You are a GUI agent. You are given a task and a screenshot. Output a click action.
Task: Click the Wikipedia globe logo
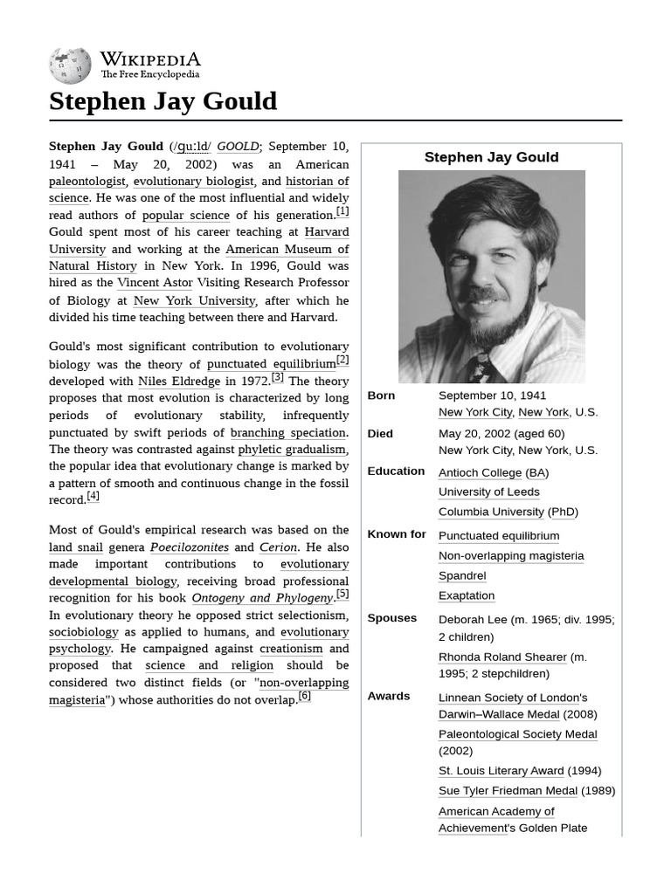(x=70, y=65)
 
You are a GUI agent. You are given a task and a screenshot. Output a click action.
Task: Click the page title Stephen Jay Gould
(x=163, y=101)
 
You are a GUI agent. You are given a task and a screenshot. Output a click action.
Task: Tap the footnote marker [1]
(x=342, y=211)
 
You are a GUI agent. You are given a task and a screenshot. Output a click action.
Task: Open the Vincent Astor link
(x=155, y=283)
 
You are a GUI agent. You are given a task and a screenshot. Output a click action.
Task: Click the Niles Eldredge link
(x=179, y=382)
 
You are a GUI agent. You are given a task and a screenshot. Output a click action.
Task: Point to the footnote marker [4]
(x=93, y=497)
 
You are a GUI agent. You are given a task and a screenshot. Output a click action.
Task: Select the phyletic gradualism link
(x=292, y=450)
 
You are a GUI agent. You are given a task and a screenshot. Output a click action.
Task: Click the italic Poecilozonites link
(x=189, y=547)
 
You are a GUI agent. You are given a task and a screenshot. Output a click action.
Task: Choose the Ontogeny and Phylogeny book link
(x=262, y=598)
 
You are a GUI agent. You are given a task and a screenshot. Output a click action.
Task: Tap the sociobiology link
(x=83, y=632)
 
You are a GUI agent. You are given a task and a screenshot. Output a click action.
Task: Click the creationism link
(x=291, y=649)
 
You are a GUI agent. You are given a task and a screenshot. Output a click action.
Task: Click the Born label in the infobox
(x=381, y=395)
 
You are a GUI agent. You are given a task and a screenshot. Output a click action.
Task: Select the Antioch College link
(x=480, y=472)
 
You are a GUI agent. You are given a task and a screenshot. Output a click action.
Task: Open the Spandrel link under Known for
(x=462, y=575)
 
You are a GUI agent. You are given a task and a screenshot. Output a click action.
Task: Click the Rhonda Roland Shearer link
(x=502, y=657)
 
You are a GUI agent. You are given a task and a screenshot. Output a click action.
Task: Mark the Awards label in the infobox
(x=389, y=696)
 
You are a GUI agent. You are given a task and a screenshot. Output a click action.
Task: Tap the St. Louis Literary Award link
(x=501, y=771)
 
